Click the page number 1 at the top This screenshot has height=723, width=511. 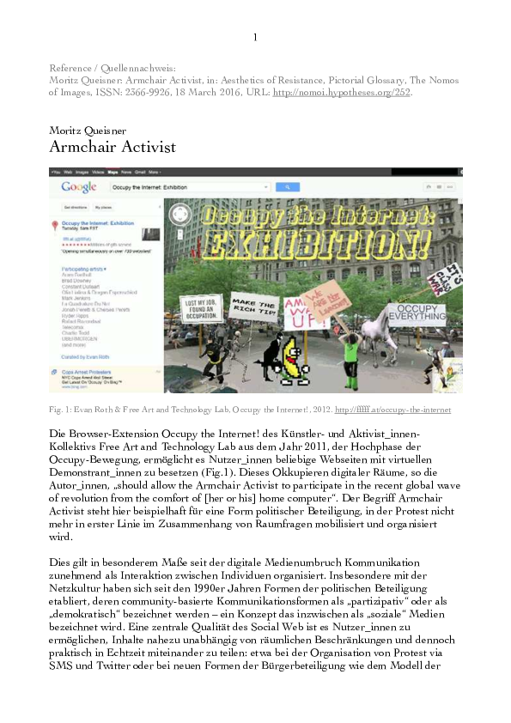point(255,39)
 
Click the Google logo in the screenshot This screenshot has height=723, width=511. point(78,187)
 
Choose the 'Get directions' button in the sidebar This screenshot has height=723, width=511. point(72,208)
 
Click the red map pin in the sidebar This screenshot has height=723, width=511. point(56,227)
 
